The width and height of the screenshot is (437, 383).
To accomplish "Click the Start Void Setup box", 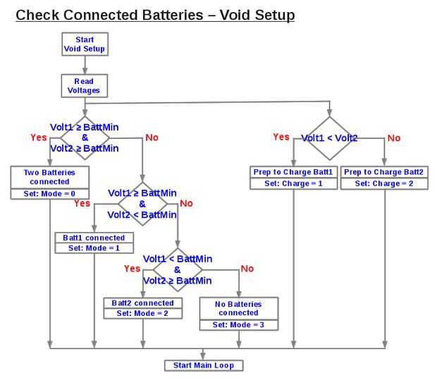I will tap(85, 44).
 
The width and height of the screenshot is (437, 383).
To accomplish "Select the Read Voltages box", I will tap(85, 86).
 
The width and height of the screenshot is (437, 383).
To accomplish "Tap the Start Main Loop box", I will tap(203, 365).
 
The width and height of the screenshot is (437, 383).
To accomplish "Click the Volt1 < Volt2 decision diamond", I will tap(329, 138).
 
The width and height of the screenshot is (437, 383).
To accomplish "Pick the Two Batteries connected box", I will tap(49, 177).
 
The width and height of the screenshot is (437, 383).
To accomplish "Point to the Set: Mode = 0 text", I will tap(49, 194).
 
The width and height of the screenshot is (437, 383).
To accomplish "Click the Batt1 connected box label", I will tap(94, 238).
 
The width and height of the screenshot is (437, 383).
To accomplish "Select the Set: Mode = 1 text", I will tap(94, 248).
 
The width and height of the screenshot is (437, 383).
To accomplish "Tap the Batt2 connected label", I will tap(143, 303).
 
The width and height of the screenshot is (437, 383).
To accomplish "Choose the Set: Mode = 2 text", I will tap(143, 313).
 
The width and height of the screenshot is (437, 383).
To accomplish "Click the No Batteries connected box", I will tap(239, 308).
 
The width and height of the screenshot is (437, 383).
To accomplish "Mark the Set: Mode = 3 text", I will tap(239, 324).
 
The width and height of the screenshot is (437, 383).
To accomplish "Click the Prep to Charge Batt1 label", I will tap(293, 172).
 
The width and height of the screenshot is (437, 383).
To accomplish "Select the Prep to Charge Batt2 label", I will tap(384, 172).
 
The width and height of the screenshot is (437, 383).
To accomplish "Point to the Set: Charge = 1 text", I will tap(293, 183).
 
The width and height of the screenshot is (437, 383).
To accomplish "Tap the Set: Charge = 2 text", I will tap(384, 183).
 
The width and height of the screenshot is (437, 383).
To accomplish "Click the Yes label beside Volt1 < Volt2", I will tap(281, 137).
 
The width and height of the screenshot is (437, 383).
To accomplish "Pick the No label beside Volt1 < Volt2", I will tap(393, 138).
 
